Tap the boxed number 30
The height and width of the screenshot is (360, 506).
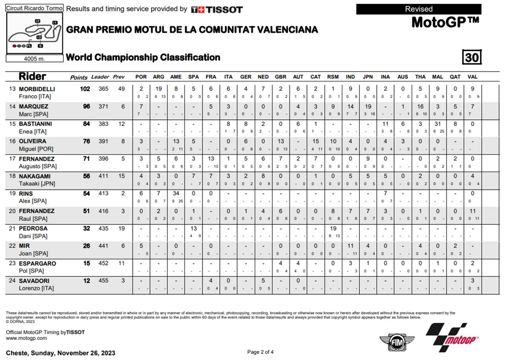tap(472, 57)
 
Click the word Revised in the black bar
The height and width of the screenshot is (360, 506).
tap(419, 9)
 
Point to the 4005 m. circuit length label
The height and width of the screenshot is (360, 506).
tap(34, 58)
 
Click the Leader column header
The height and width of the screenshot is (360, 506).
tap(100, 77)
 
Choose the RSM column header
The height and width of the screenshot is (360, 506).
tap(333, 77)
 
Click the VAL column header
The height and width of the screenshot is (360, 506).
tap(472, 77)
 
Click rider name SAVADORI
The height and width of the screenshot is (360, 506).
tap(39, 281)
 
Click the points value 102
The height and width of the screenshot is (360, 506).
tap(85, 89)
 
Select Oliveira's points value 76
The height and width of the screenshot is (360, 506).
tap(87, 141)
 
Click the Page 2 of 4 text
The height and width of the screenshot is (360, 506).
tap(260, 352)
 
